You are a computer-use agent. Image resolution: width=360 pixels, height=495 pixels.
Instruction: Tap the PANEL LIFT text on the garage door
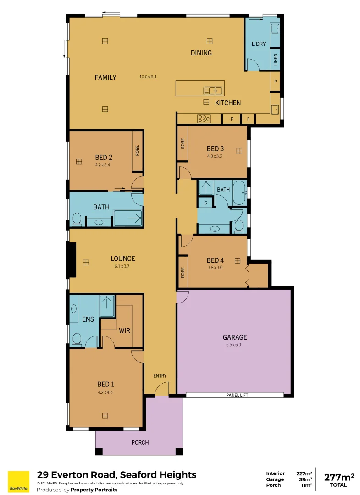[x=237, y=395]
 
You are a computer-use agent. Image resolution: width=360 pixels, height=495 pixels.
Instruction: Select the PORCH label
[x=140, y=442]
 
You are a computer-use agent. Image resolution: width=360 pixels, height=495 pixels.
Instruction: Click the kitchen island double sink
[x=213, y=90]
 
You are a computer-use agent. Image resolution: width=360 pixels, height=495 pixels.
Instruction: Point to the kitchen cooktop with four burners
[x=204, y=119]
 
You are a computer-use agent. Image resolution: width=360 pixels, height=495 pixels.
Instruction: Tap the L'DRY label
[x=258, y=44]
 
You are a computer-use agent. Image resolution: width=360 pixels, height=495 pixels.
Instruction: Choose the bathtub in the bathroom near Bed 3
[x=239, y=193]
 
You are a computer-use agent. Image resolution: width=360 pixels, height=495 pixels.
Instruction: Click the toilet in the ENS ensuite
[x=77, y=339]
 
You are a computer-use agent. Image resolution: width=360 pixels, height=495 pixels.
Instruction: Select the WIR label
[x=125, y=330]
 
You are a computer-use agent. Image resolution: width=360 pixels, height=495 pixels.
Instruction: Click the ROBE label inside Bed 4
[x=183, y=273]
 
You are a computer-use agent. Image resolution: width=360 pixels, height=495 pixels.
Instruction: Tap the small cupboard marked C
[x=205, y=203]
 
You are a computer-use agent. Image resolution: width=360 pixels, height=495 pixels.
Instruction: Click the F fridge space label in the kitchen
[x=248, y=119]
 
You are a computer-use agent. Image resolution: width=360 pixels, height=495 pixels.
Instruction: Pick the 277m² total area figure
[x=338, y=477]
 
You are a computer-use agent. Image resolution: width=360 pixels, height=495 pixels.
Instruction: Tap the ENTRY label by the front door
[x=160, y=376]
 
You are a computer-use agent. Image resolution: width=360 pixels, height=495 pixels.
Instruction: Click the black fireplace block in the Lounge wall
[x=72, y=259]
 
